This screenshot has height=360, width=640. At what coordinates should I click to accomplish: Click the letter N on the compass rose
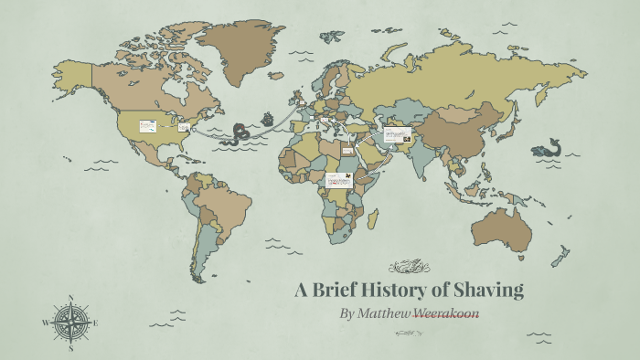[x=71, y=298]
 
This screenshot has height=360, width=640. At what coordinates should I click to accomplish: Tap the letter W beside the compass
[x=45, y=323]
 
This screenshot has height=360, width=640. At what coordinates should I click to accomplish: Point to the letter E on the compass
[x=96, y=323]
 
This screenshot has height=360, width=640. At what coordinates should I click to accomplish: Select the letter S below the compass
[x=71, y=348]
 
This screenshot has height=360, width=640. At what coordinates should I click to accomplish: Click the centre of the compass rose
[x=71, y=323]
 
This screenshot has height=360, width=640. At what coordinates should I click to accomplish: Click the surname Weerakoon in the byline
[x=446, y=313]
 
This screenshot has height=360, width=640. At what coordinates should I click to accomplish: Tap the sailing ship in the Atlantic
[x=267, y=119]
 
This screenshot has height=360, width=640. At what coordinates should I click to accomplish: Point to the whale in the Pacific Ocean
[x=547, y=148]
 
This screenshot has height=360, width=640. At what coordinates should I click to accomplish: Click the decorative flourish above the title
[x=409, y=268]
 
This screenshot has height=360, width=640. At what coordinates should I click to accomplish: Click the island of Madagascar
[x=372, y=217]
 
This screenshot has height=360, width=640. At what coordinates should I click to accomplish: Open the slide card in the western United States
[x=147, y=125]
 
